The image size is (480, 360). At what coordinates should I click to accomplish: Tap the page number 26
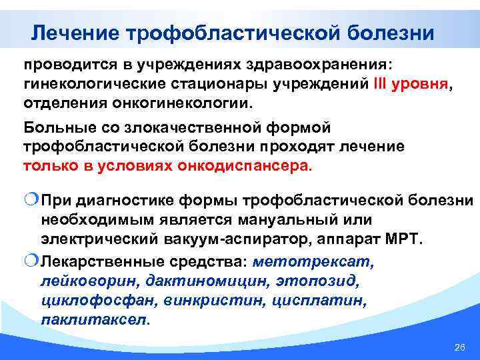458,348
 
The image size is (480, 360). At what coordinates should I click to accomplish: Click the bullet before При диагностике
31,200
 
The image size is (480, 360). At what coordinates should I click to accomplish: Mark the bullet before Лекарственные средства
31,262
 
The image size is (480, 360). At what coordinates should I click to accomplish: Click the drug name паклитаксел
94,320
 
